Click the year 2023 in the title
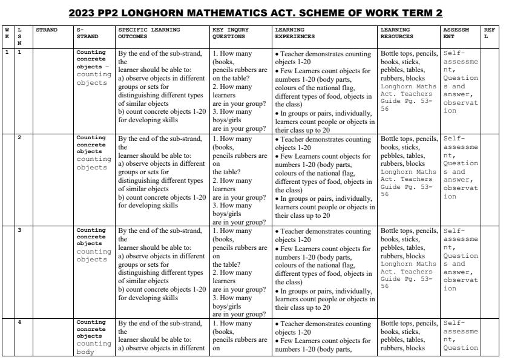tap(83, 13)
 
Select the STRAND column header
tap(46, 29)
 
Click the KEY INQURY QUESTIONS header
tap(231, 32)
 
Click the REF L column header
tap(489, 32)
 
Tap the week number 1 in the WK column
tap(7, 52)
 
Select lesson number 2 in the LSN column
tap(19, 138)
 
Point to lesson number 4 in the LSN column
tap(19, 322)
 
